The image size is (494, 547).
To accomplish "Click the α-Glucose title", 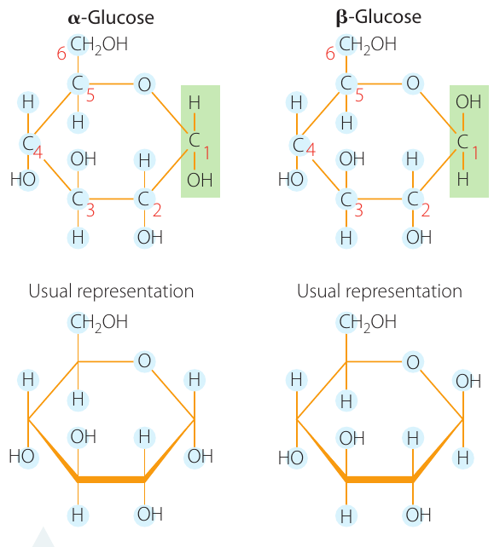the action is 111,17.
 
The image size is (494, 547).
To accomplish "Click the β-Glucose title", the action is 378,17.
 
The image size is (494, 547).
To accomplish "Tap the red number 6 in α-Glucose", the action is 61,54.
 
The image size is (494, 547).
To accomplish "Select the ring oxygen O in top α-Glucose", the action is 144,84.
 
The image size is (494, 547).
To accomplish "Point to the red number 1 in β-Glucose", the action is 475,153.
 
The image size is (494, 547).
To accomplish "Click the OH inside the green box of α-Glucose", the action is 200,180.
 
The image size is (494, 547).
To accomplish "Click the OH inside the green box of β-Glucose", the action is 468,102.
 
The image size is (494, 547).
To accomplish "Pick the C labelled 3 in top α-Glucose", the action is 77,199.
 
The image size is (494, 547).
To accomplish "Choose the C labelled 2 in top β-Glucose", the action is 413,199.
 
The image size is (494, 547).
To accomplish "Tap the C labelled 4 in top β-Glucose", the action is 298,145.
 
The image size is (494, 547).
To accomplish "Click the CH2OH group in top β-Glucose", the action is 368,44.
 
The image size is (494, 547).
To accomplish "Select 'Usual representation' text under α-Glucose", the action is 111,291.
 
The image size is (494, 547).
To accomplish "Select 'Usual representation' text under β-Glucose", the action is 380,291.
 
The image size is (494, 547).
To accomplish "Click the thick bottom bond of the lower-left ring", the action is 111,480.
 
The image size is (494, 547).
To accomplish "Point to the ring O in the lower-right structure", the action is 413,362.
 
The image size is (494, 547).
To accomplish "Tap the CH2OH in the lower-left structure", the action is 99,322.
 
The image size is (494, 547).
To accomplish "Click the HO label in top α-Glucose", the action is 23,180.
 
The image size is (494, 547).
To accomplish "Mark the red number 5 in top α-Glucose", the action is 90,95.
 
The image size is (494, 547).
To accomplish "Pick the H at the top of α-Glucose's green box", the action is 195,103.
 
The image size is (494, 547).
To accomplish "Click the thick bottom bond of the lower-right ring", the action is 380,480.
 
